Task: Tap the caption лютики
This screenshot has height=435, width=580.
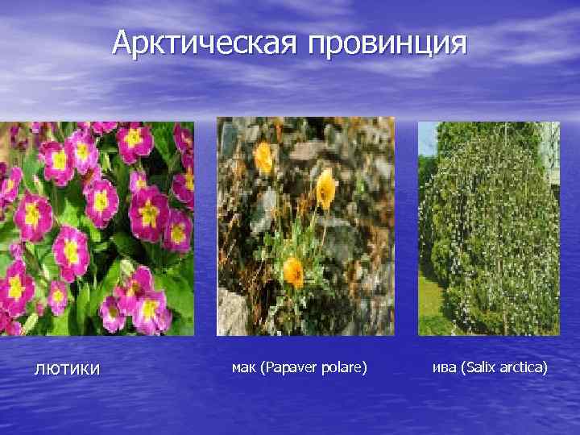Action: [67, 369]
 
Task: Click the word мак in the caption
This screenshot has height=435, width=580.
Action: [242, 367]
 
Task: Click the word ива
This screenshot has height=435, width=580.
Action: [443, 367]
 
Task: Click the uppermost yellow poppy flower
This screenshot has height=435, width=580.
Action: [264, 156]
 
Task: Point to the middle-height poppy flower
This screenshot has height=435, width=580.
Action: [325, 189]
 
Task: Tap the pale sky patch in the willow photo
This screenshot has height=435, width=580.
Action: [427, 137]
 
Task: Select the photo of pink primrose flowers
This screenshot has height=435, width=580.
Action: [97, 228]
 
